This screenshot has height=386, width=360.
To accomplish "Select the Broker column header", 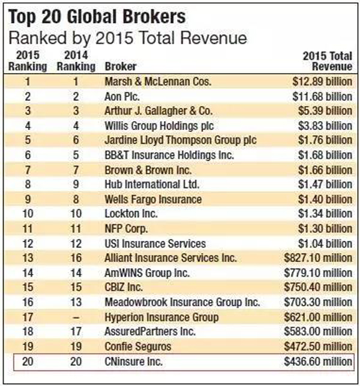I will (x=120, y=66).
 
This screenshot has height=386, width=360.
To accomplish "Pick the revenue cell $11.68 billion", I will (x=318, y=96).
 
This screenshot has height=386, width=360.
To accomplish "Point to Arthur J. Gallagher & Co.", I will (x=163, y=111).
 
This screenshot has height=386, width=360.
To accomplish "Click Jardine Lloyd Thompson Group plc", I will (x=180, y=140).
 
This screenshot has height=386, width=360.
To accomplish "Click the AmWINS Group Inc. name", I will (x=143, y=273).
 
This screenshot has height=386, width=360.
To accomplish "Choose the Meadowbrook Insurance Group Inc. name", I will (x=182, y=302).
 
